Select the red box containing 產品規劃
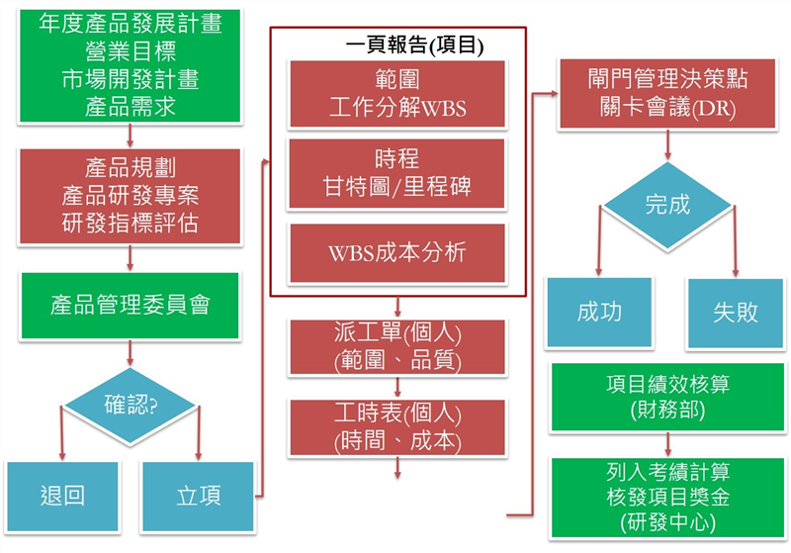click(x=130, y=196)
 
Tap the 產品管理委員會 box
click(x=130, y=305)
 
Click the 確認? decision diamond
click(x=132, y=405)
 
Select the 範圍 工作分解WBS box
click(x=396, y=95)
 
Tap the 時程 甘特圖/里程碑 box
click(x=396, y=173)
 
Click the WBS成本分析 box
click(x=396, y=251)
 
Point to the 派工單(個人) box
click(x=396, y=347)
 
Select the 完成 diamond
click(x=667, y=207)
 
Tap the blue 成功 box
click(x=599, y=313)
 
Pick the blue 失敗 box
click(x=736, y=313)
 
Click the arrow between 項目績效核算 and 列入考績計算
click(x=669, y=443)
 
